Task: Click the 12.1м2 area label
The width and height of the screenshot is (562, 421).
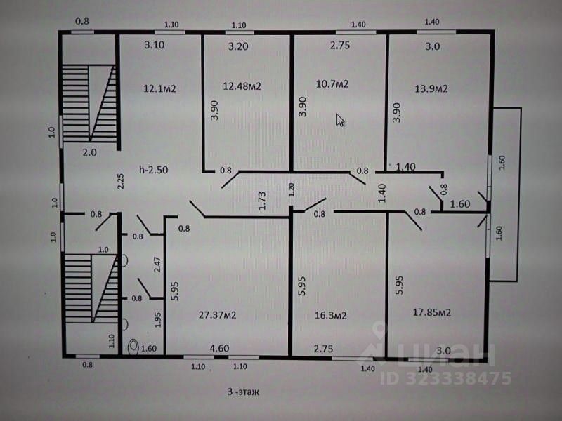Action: [159, 88]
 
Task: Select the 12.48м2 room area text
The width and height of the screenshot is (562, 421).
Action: [242, 86]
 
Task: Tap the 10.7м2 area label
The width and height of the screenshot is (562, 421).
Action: [332, 84]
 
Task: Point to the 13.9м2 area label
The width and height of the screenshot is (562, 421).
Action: [431, 88]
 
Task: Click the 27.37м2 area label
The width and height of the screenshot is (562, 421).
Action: [218, 315]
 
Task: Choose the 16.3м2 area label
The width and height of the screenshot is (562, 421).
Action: [330, 315]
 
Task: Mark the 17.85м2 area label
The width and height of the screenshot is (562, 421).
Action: [432, 312]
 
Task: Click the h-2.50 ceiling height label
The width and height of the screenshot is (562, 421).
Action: [153, 170]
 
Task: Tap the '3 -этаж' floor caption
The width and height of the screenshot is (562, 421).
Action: [243, 392]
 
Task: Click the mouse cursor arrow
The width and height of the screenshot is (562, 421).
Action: [340, 120]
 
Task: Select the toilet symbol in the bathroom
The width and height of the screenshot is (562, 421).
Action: [133, 347]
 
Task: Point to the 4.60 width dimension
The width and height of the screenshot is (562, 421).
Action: [219, 348]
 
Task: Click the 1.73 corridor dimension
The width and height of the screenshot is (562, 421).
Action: [262, 201]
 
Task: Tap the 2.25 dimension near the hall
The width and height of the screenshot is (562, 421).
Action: [120, 182]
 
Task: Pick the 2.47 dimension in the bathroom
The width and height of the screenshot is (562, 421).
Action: [157, 265]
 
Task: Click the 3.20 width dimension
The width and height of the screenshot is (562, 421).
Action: [238, 46]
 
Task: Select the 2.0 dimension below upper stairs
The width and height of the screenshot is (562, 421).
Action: [90, 152]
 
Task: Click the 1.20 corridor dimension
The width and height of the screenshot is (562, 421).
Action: [291, 189]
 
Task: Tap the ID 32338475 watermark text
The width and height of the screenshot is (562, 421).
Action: [446, 378]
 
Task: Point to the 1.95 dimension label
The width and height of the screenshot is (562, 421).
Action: [157, 320]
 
